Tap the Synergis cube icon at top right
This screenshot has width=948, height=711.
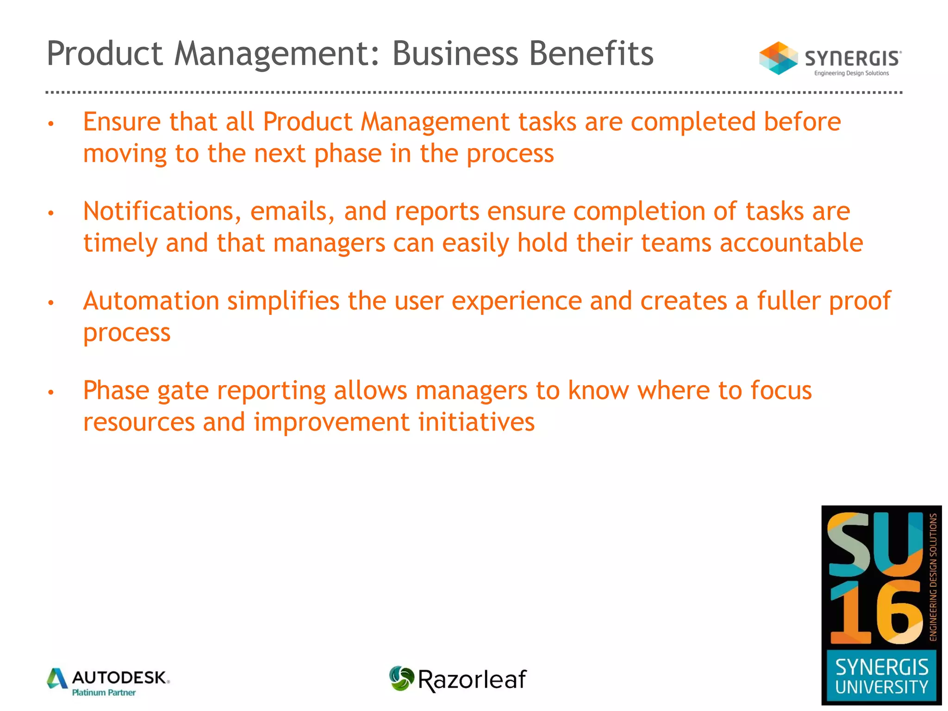tap(778, 58)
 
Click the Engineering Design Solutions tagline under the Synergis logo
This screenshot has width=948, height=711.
tap(851, 73)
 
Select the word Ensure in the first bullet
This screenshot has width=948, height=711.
tap(122, 122)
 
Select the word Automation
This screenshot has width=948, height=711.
tap(151, 301)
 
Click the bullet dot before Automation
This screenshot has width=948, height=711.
tap(51, 303)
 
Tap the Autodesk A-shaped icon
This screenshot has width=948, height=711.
tap(57, 679)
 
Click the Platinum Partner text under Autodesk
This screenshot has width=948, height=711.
tap(104, 692)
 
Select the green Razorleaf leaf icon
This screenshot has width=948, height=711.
tap(401, 679)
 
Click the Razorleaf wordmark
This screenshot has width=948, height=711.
tap(472, 680)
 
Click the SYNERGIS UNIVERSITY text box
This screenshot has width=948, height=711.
tap(881, 676)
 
